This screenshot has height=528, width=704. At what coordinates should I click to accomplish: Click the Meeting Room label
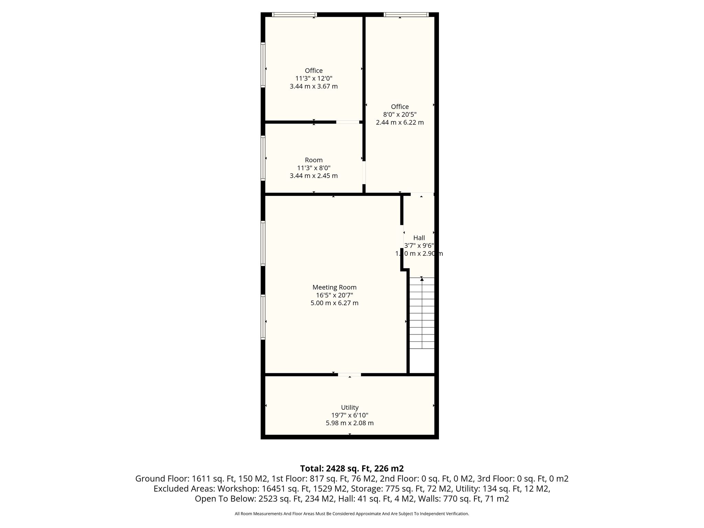click(334, 287)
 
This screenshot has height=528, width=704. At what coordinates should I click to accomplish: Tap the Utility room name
click(350, 407)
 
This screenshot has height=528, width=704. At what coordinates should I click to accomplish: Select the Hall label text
click(419, 238)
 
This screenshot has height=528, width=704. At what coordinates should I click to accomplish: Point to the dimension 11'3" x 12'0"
click(314, 78)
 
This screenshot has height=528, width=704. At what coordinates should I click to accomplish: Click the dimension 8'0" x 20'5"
click(400, 114)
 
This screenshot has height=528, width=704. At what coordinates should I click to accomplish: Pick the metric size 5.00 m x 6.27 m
click(334, 303)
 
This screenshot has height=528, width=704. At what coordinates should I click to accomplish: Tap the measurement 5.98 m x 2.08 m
click(350, 423)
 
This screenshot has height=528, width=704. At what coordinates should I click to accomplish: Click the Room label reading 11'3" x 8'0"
click(314, 168)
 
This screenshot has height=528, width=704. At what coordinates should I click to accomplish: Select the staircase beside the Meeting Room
click(422, 313)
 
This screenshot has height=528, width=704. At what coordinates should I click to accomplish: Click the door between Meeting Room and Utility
click(349, 374)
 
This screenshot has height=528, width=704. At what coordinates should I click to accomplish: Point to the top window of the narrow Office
click(406, 14)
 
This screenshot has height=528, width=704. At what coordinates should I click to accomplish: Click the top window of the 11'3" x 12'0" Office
click(294, 14)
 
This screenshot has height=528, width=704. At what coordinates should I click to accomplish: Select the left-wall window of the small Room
click(263, 158)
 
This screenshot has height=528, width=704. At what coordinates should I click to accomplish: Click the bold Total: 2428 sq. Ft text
click(337, 469)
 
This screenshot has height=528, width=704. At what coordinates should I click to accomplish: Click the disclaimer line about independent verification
click(352, 514)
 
